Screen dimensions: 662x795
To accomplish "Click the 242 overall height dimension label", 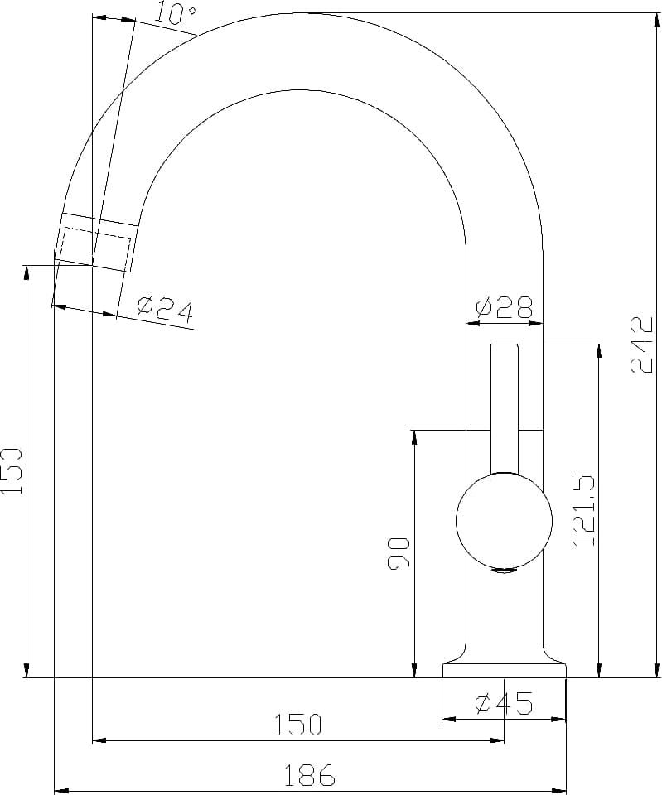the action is [x=641, y=344].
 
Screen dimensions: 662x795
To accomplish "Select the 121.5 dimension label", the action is [x=582, y=510].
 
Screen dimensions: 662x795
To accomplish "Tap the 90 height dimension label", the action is [x=399, y=554].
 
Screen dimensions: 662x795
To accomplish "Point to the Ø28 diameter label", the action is [x=505, y=307].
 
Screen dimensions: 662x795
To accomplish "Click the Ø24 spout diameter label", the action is [x=166, y=309].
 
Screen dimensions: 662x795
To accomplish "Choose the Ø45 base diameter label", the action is [x=504, y=703].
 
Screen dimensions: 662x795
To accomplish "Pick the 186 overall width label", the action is [x=309, y=775].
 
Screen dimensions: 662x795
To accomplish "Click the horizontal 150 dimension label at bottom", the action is [x=297, y=725].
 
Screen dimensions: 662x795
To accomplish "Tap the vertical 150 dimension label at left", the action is [x=12, y=471].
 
